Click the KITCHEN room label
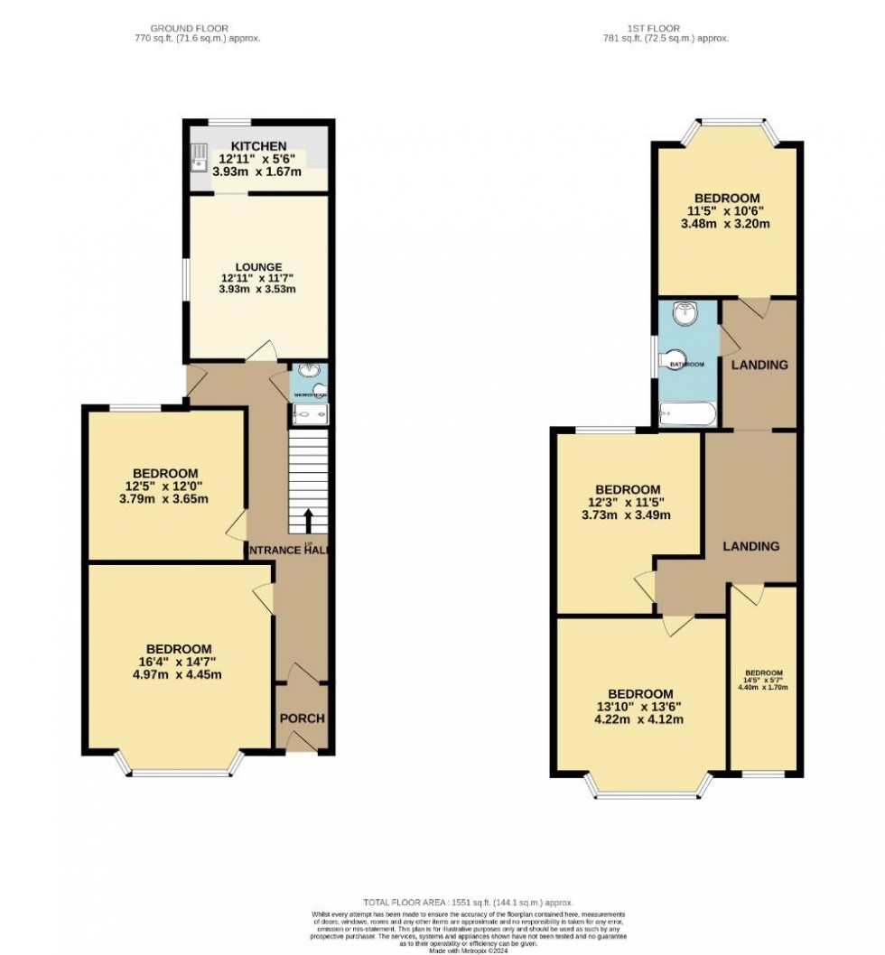click(x=259, y=146)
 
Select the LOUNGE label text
click(x=258, y=266)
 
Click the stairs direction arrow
click(x=310, y=521)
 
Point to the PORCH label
click(x=301, y=718)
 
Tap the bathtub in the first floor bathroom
click(x=687, y=415)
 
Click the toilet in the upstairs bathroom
click(x=673, y=359)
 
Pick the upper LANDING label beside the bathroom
click(x=759, y=365)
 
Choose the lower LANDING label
click(x=750, y=546)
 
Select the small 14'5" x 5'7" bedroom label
click(x=764, y=680)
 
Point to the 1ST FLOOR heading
click(x=666, y=27)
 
